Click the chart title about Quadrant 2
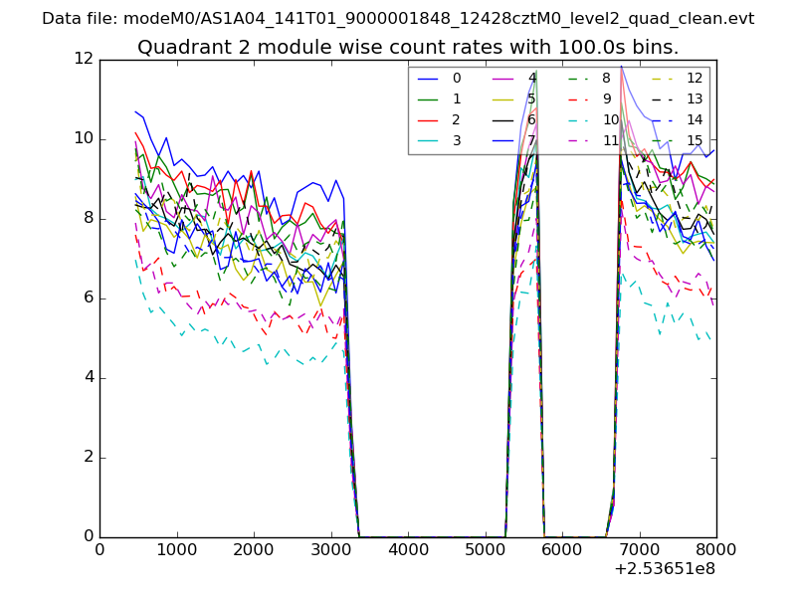coord(408,48)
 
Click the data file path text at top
coord(398,19)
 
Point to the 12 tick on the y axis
coord(83,59)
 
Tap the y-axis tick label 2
coord(88,457)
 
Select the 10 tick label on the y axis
coord(83,138)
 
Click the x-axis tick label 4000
coord(408,548)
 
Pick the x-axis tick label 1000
coord(176,548)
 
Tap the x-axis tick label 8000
coord(716,548)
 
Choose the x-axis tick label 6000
coord(562,548)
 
